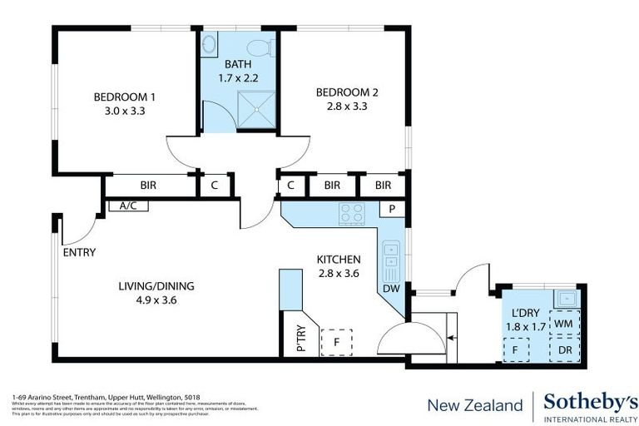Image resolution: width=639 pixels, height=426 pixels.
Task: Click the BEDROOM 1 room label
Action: tap(124, 97)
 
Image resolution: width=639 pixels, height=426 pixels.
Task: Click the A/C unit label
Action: tap(128, 206)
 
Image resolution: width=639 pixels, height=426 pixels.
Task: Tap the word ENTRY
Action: tap(79, 253)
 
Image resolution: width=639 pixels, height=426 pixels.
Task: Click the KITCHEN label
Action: tap(338, 259)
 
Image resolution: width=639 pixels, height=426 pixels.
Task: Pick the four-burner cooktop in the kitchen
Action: tap(351, 214)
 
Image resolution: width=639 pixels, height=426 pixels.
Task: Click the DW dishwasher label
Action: tap(391, 289)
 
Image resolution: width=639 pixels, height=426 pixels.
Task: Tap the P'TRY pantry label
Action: tap(300, 342)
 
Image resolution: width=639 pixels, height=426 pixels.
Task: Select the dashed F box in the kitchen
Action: tap(336, 341)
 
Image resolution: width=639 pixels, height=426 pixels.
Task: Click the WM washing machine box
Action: tap(563, 323)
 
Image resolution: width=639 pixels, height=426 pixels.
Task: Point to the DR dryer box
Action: tap(564, 350)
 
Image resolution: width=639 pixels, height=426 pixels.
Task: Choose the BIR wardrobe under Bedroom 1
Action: tap(150, 186)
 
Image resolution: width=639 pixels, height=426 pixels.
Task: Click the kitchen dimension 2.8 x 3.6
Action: tap(338, 272)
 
